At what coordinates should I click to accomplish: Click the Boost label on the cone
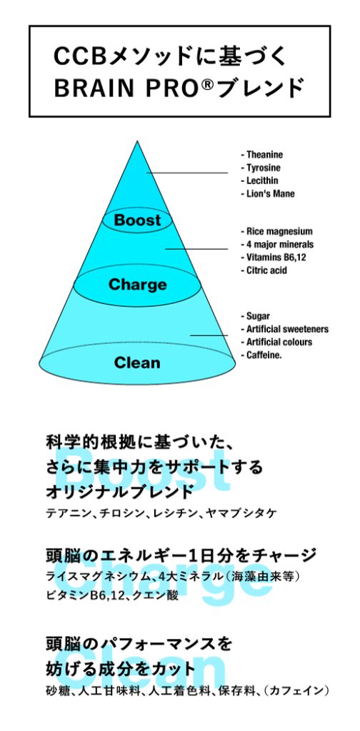pos(137,220)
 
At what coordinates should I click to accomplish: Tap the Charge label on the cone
pos(137,284)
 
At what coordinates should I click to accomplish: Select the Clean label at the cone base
pos(137,362)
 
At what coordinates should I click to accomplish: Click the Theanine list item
pos(261,155)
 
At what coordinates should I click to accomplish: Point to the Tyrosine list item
pos(261,168)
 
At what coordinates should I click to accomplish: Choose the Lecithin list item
pos(260,181)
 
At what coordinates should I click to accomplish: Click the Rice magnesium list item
pos(276,231)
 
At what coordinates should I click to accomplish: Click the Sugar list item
pos(255,316)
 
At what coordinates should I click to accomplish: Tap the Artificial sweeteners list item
pos(284,329)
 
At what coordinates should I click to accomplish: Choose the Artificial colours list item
pos(276,342)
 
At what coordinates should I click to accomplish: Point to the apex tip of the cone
pos(137,141)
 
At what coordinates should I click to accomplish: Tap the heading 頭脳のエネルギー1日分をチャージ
pos(181,555)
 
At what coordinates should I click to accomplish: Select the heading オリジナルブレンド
pos(119,491)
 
